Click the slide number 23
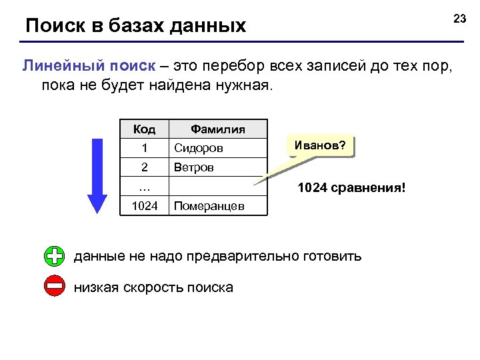tap(459, 19)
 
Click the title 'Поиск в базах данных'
tap(135, 26)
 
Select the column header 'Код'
tap(145, 129)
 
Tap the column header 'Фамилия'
tap(218, 129)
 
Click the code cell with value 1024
tap(145, 206)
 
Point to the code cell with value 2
tap(145, 167)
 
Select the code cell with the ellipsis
tap(145, 187)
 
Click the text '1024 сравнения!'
tap(351, 188)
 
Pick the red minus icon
tap(55, 287)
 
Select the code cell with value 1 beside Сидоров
tap(145, 147)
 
